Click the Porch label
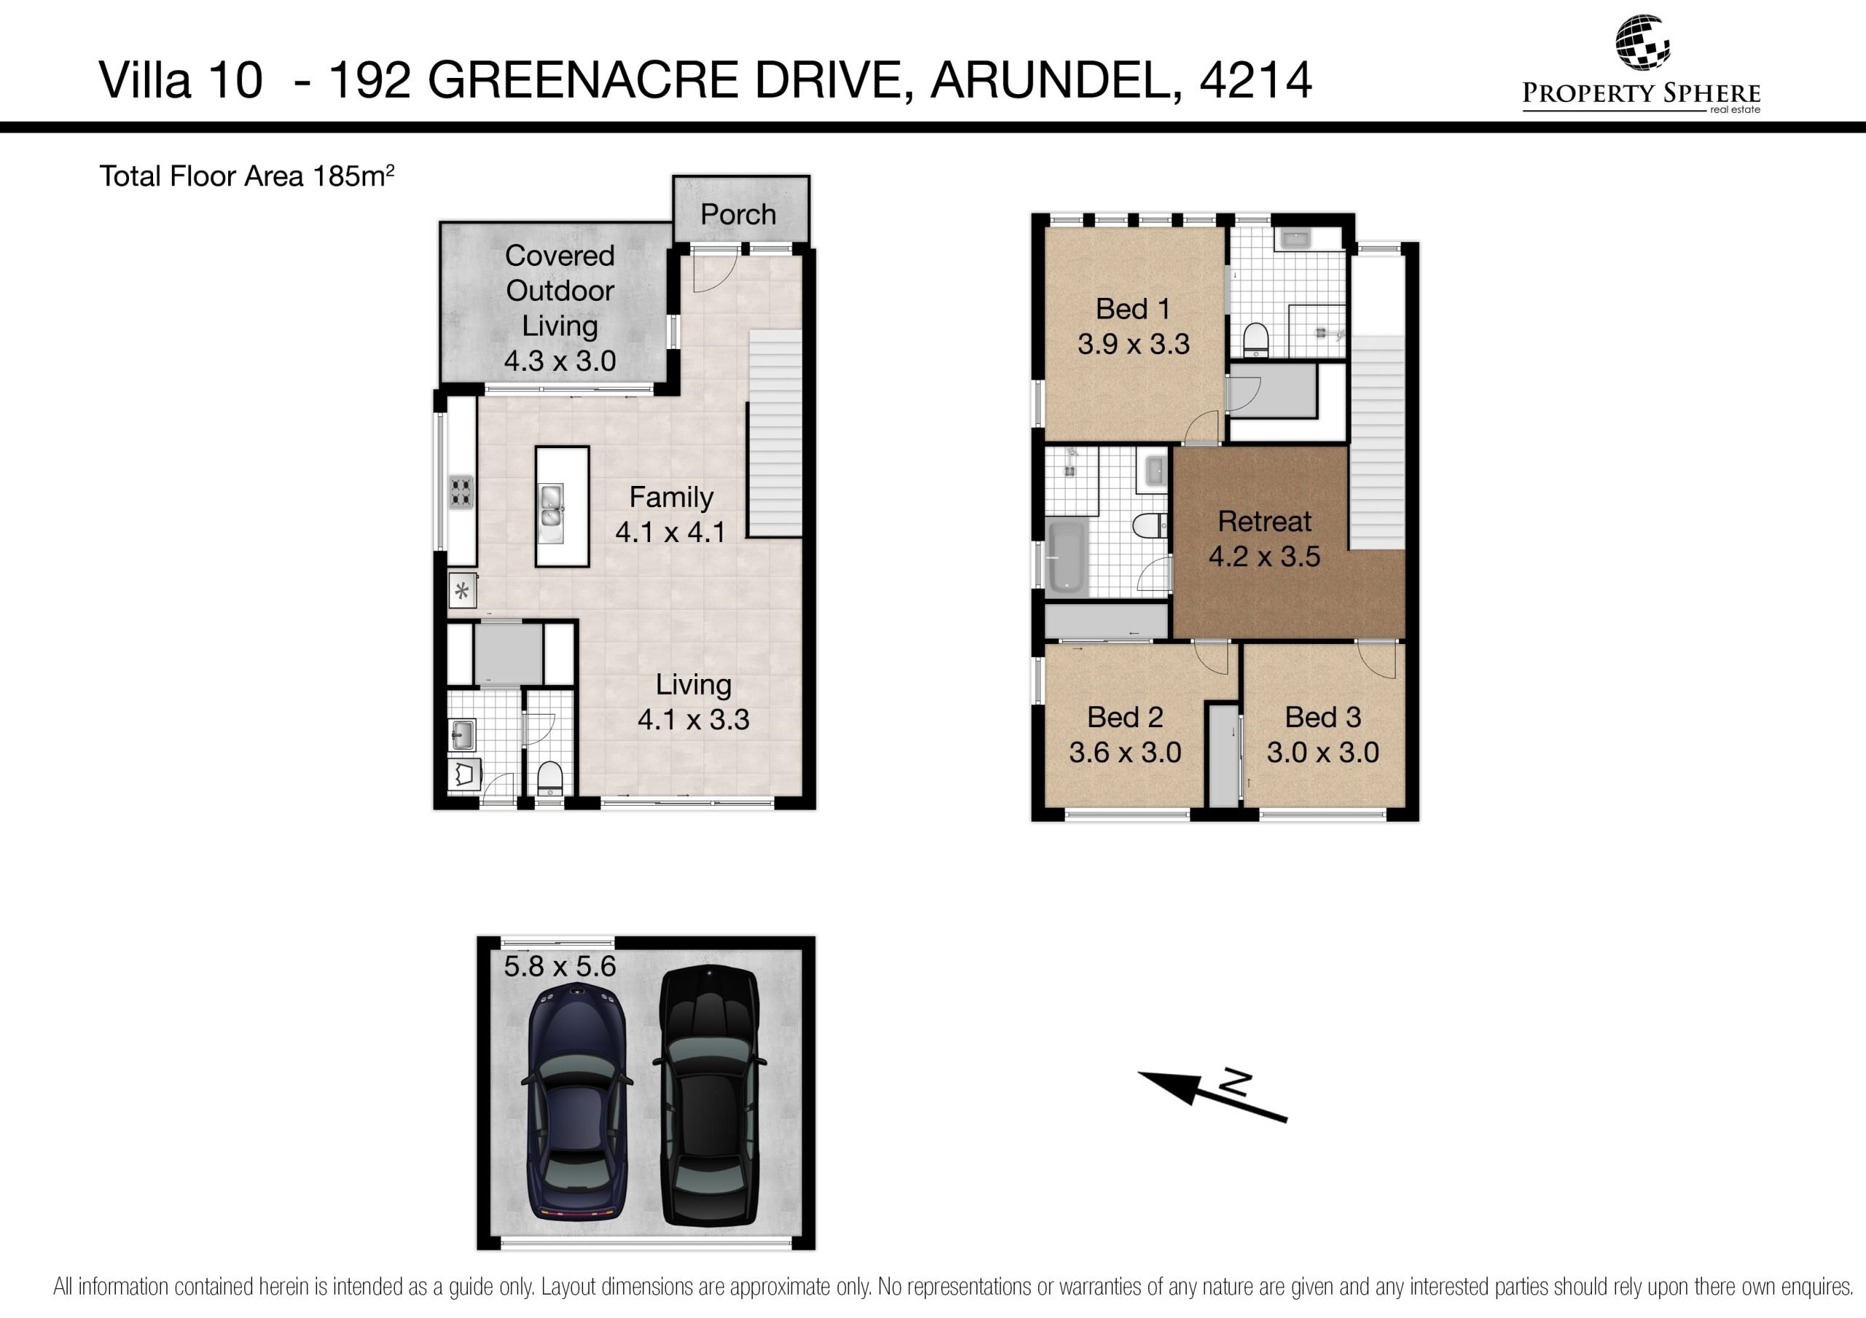[x=738, y=214]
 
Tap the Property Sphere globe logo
[x=1641, y=42]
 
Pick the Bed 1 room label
[x=1133, y=309]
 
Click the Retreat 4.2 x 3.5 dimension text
[x=1264, y=557]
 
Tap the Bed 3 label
[x=1323, y=717]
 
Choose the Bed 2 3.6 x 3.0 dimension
[x=1125, y=753]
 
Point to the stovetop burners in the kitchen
[x=461, y=493]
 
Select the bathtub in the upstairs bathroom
[x=1067, y=557]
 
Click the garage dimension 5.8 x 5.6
[x=560, y=966]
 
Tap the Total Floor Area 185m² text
[x=247, y=176]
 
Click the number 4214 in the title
[x=1256, y=79]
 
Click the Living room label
[x=693, y=684]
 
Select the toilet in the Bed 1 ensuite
[x=1256, y=340]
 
